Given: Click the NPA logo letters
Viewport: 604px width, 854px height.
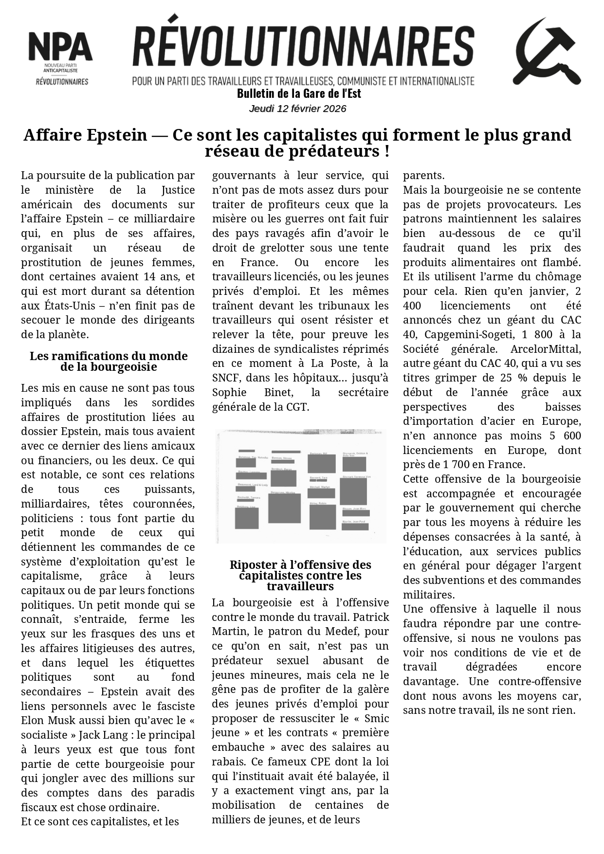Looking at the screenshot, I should pos(60,47).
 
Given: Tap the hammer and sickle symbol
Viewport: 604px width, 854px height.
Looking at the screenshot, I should pos(546,52).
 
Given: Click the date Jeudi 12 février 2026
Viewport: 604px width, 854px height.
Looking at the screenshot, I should pos(297,109).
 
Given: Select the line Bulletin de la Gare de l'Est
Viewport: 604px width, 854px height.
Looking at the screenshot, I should pos(299,93).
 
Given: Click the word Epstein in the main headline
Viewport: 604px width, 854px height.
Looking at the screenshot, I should pos(117,135).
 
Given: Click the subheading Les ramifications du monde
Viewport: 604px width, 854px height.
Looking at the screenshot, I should pos(109,356).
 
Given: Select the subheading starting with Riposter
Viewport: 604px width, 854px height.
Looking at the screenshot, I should pos(300,565).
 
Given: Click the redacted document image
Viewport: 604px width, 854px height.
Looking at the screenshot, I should pos(301,486).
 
